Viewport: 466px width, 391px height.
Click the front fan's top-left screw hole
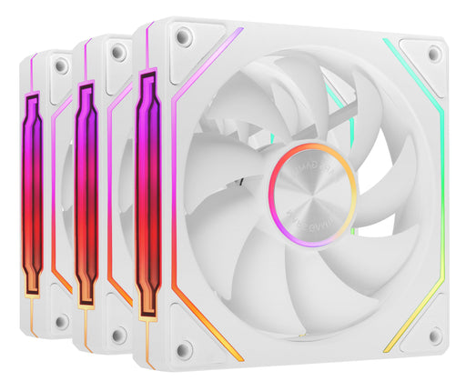[183, 37]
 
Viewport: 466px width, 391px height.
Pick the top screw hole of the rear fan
[61, 66]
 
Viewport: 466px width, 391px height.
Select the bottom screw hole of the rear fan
[61, 321]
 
